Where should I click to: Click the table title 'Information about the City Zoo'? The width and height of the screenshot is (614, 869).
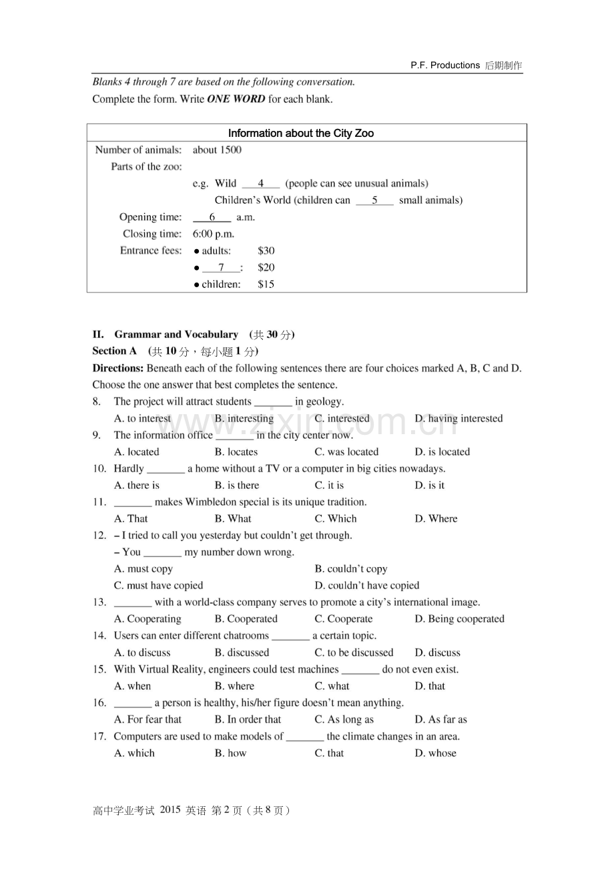click(301, 133)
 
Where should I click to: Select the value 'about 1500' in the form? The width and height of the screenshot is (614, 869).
click(217, 150)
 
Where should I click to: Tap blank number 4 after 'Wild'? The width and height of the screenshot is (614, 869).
click(261, 183)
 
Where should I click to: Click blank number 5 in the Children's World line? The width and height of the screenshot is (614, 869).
click(374, 200)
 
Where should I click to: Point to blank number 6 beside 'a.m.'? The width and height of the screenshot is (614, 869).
click(212, 217)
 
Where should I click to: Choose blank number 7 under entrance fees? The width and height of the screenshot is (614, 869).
click(220, 267)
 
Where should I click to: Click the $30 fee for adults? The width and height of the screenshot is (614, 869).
click(266, 250)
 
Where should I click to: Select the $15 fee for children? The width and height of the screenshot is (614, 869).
click(266, 284)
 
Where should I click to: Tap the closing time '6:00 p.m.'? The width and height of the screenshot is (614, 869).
click(214, 234)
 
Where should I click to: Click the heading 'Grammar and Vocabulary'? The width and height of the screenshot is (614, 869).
click(176, 334)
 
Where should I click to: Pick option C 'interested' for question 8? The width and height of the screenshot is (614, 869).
click(342, 418)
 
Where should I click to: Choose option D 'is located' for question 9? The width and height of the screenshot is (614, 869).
click(442, 452)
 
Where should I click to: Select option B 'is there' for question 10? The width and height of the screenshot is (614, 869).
click(237, 485)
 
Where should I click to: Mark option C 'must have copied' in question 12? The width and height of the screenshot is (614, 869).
click(158, 585)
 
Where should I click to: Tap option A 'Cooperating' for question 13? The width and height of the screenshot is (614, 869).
click(147, 619)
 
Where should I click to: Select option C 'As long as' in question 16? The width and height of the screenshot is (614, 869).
click(344, 719)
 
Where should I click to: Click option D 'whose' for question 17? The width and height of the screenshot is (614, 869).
click(435, 753)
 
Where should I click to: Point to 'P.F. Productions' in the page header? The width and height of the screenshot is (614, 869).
click(445, 65)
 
